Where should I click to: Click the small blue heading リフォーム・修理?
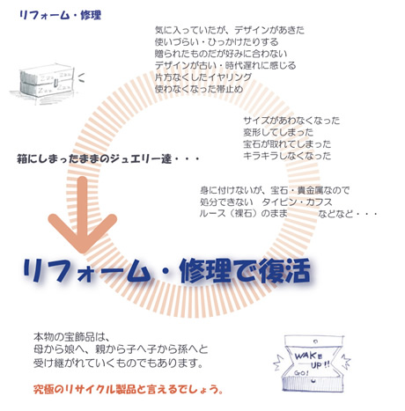[x=60, y=15]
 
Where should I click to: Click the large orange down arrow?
[x=83, y=215]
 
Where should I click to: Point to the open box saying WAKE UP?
[x=312, y=363]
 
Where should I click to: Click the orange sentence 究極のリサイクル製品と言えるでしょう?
[x=129, y=389]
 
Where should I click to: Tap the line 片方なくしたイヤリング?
[x=203, y=77]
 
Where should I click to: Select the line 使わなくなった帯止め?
[x=199, y=89]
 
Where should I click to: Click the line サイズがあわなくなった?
[x=291, y=121]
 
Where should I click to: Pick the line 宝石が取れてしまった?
[x=287, y=144]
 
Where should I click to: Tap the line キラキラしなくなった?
[x=287, y=156]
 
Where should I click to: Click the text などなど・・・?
[x=348, y=214]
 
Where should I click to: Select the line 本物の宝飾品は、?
[x=71, y=337]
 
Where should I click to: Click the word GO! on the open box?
[x=301, y=373]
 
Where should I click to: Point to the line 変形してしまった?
[x=278, y=132]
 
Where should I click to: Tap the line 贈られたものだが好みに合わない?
[x=221, y=54]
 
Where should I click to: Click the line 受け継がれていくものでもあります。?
[x=119, y=363]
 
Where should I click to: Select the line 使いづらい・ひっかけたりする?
[x=217, y=42]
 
